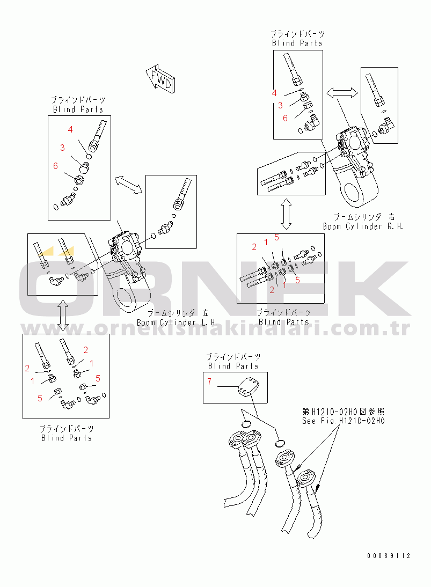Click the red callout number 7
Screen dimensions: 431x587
click(209, 381)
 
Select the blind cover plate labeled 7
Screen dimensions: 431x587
click(247, 386)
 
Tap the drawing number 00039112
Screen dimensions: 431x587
click(389, 555)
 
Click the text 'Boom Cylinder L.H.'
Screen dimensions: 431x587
click(177, 322)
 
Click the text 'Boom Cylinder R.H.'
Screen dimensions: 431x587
click(363, 226)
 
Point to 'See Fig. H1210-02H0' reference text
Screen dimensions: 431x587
click(343, 421)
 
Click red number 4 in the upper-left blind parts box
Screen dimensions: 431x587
click(70, 129)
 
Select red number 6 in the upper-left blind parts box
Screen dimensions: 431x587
click(55, 166)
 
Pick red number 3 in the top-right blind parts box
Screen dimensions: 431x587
click(280, 106)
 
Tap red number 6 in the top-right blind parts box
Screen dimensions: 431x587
click(285, 118)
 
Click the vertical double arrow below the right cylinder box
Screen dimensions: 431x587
click(287, 214)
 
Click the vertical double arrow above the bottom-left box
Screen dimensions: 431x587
click(63, 315)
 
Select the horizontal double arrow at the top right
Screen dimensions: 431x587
click(342, 92)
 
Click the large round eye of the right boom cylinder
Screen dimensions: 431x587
click(354, 195)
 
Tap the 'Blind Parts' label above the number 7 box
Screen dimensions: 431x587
click(233, 366)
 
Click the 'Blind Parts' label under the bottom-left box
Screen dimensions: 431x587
click(66, 438)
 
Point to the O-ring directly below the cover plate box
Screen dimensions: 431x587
click(245, 424)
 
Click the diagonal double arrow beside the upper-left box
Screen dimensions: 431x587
click(128, 185)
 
